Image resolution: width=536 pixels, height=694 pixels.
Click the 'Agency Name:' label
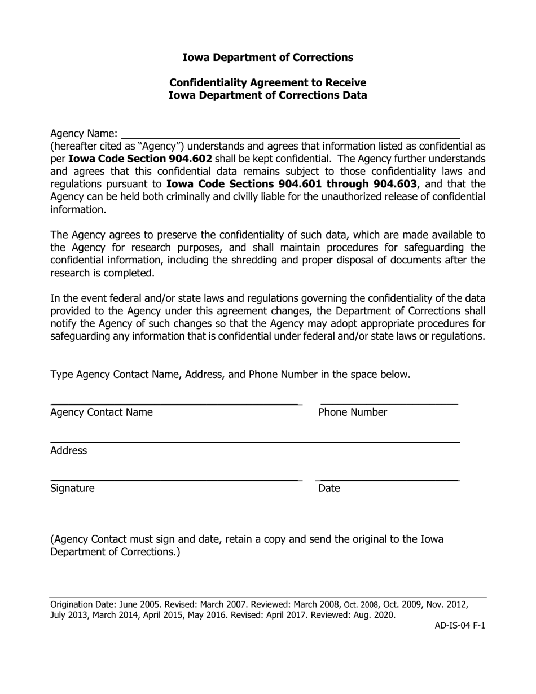pyautogui.click(x=84, y=134)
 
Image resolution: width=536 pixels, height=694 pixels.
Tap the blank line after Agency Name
pyautogui.click(x=291, y=137)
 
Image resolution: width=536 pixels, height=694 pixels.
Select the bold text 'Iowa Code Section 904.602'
pyautogui.click(x=140, y=159)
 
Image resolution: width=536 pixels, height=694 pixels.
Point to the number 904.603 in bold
pyautogui.click(x=395, y=184)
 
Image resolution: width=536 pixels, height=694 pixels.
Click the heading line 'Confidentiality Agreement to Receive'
pyautogui.click(x=268, y=82)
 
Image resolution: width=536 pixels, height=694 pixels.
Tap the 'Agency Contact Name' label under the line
pyautogui.click(x=102, y=412)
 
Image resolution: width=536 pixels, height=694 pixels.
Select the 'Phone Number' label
pyautogui.click(x=353, y=412)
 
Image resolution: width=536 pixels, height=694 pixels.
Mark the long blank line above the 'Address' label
pyautogui.click(x=255, y=442)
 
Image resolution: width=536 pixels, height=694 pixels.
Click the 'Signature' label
pyautogui.click(x=72, y=489)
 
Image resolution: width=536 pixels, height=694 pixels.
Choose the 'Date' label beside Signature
pyautogui.click(x=329, y=489)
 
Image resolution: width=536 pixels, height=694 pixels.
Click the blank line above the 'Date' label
pyautogui.click(x=388, y=480)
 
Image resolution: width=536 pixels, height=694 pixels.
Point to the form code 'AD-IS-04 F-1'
pyautogui.click(x=459, y=626)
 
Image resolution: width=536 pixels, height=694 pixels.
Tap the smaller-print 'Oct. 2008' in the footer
pyautogui.click(x=361, y=605)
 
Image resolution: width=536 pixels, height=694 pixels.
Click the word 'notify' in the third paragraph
pyautogui.click(x=64, y=324)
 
